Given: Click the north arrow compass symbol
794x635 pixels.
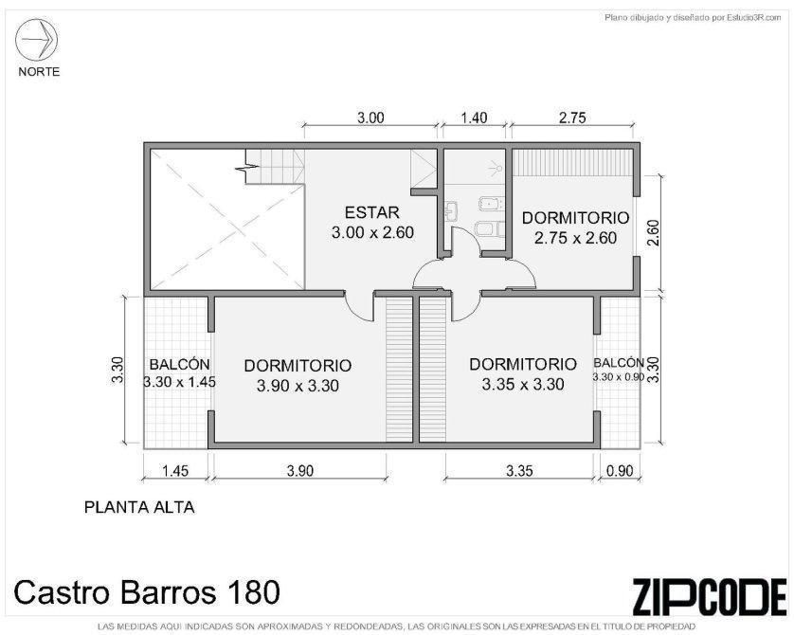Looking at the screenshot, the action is pos(36,40).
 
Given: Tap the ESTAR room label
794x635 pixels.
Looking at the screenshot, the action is pos(372,211).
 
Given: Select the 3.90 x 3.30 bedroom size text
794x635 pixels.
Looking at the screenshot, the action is pos(298,386).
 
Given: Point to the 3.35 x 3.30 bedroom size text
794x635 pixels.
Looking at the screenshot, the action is pos(523,385).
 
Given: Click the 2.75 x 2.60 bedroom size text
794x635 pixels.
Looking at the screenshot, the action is pos(576,238).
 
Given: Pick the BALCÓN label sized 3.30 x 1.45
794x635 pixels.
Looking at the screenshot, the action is pos(179,364).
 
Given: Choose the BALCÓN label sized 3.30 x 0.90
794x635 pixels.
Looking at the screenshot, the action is pos(619,363).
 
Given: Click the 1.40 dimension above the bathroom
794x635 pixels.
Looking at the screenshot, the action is pos(474,118).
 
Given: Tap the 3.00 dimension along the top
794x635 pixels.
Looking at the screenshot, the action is pos(370,118).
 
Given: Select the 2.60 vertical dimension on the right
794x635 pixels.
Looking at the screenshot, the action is pos(653,232).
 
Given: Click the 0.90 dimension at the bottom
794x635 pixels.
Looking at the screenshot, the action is pos(620,471).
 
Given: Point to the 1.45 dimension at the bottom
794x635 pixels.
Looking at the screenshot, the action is pos(175,471).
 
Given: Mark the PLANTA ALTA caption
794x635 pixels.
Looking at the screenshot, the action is pos(139,507).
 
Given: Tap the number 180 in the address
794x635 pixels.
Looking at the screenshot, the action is pos(254,592).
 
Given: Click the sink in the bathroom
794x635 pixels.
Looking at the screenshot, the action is pos(451,210).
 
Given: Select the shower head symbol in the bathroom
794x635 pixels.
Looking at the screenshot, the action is pos(496,166).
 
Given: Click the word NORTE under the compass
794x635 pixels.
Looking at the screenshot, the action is pos(39,72).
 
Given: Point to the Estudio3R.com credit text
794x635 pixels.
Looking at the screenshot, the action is pos(754,18).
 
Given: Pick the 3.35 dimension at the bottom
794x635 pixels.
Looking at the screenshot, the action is pos(519,471).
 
